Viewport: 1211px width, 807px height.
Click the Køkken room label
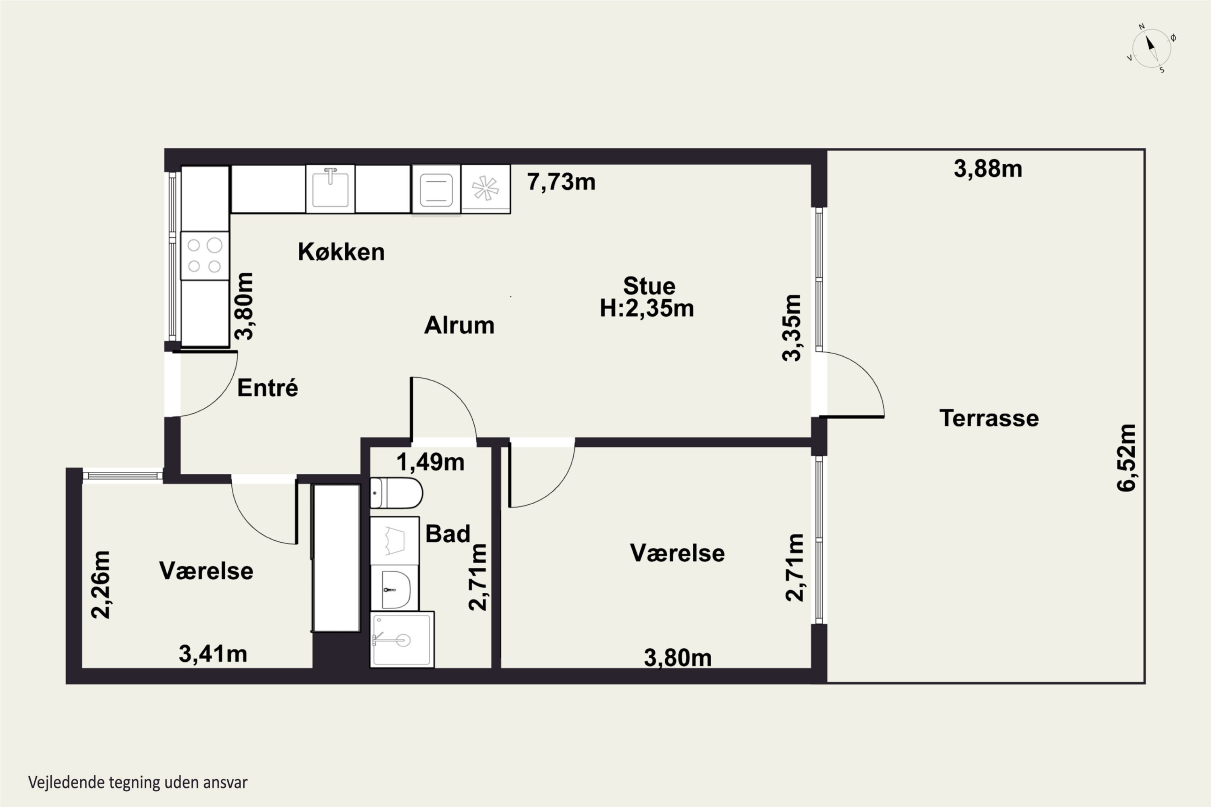point(341,252)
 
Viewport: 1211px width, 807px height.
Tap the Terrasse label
point(989,418)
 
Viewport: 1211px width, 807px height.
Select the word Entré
point(267,387)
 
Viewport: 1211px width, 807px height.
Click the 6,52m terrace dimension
point(1127,458)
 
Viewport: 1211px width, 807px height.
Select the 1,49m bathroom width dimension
point(430,462)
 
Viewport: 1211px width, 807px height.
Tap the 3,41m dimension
point(213,654)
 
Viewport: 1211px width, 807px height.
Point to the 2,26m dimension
point(101,584)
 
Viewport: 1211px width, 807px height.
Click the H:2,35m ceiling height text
point(647,308)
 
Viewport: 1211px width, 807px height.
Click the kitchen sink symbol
point(330,188)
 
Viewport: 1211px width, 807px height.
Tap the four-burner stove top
point(204,256)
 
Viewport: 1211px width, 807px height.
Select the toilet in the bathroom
point(396,493)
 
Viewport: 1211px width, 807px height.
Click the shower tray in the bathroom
point(402,640)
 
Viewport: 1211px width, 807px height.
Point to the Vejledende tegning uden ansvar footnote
point(138,782)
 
